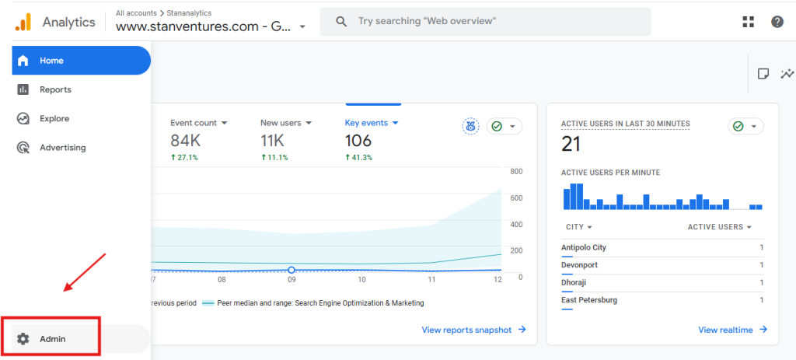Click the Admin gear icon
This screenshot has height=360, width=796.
pyautogui.click(x=23, y=339)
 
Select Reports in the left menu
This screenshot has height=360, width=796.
pyautogui.click(x=55, y=89)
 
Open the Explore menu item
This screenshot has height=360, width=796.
pyautogui.click(x=54, y=118)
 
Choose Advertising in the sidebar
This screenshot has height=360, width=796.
pyautogui.click(x=62, y=148)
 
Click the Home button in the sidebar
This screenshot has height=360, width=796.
pyautogui.click(x=51, y=61)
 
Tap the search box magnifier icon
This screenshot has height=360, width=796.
pyautogui.click(x=341, y=22)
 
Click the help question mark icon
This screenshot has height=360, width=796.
pyautogui.click(x=777, y=22)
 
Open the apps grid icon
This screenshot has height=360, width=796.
pyautogui.click(x=748, y=22)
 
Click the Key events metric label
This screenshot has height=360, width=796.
pyautogui.click(x=367, y=123)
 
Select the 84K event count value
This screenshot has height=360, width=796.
pyautogui.click(x=186, y=141)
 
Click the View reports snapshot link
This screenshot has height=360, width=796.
pyautogui.click(x=466, y=330)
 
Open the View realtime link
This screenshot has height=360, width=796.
pyautogui.click(x=725, y=330)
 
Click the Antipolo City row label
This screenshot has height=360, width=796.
pyautogui.click(x=584, y=247)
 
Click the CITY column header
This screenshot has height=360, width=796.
pyautogui.click(x=575, y=227)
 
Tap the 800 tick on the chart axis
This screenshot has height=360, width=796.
pyautogui.click(x=516, y=172)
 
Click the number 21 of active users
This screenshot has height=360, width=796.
pyautogui.click(x=571, y=144)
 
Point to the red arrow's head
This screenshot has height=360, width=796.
pyautogui.click(x=67, y=289)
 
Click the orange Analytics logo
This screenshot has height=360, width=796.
pyautogui.click(x=23, y=22)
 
